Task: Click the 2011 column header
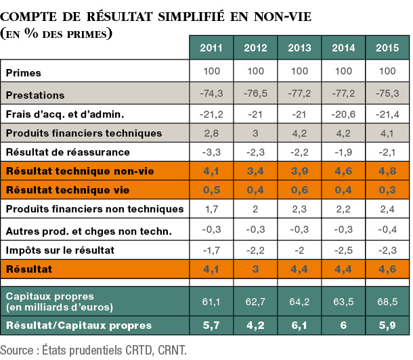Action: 211,49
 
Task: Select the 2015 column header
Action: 387,49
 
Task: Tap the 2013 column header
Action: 299,49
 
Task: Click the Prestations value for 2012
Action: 255,95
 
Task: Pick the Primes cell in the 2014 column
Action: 343,72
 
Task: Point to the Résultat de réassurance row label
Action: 68,152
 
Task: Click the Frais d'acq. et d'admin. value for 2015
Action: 387,114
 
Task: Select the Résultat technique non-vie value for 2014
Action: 343,171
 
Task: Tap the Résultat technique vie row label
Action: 67,191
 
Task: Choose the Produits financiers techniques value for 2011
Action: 211,133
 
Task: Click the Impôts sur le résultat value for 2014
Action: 343,250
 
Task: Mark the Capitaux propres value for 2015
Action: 387,300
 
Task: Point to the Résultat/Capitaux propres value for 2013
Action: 299,325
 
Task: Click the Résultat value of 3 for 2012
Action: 255,269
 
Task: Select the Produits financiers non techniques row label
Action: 95,209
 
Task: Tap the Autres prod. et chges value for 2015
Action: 387,230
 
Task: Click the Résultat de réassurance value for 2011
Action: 211,152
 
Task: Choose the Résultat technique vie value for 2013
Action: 299,191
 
